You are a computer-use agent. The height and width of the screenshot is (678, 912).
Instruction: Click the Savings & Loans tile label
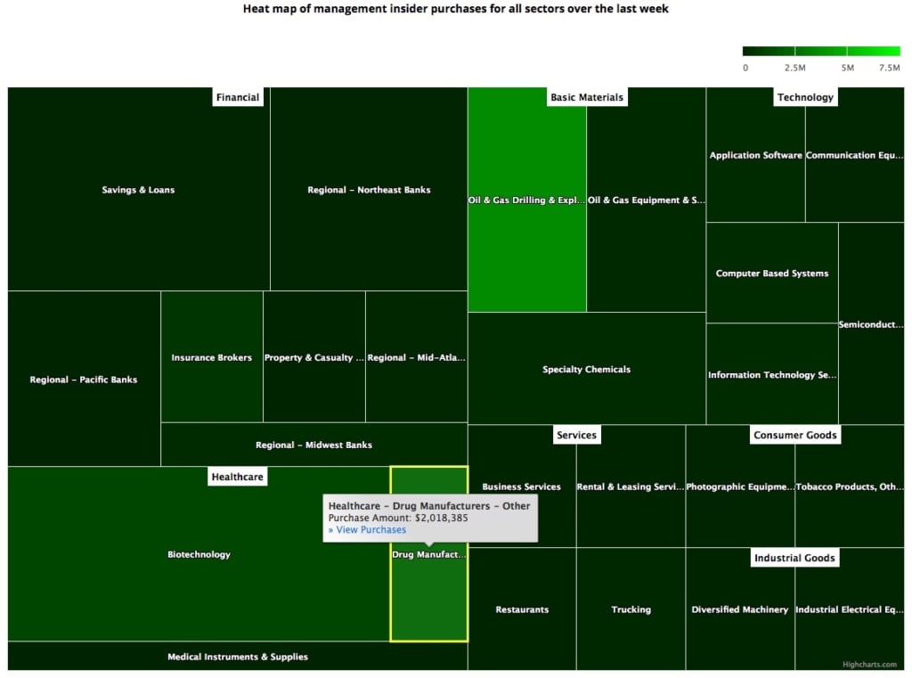pyautogui.click(x=138, y=190)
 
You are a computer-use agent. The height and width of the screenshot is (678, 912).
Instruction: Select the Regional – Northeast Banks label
pyautogui.click(x=369, y=190)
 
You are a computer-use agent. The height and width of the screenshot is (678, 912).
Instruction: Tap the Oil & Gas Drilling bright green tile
pyautogui.click(x=526, y=200)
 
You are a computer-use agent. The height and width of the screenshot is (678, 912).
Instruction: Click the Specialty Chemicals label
pyautogui.click(x=586, y=370)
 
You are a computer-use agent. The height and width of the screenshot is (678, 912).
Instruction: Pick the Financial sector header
pyautogui.click(x=238, y=97)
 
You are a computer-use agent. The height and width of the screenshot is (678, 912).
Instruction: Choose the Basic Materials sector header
pyautogui.click(x=587, y=97)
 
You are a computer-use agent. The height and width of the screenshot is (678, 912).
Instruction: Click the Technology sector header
pyautogui.click(x=805, y=97)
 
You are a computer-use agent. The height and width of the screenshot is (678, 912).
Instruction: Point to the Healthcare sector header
pyautogui.click(x=237, y=477)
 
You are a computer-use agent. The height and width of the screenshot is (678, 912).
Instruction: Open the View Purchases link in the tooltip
pyautogui.click(x=367, y=530)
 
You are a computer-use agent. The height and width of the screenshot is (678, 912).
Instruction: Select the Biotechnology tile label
pyautogui.click(x=199, y=554)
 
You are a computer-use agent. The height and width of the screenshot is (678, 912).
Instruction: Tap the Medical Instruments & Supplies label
pyautogui.click(x=238, y=657)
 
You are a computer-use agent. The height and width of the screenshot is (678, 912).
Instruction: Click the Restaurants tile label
pyautogui.click(x=522, y=609)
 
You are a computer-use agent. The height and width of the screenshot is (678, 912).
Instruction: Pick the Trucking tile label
pyautogui.click(x=631, y=609)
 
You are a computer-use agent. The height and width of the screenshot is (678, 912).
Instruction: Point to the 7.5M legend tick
pyautogui.click(x=889, y=68)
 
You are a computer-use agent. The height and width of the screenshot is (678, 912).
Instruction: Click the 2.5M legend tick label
pyautogui.click(x=795, y=68)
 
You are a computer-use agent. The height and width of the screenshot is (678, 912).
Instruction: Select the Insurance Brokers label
pyautogui.click(x=212, y=358)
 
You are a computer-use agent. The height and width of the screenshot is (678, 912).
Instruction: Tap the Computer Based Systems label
pyautogui.click(x=772, y=274)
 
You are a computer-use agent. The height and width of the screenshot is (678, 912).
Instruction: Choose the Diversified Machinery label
pyautogui.click(x=740, y=609)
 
